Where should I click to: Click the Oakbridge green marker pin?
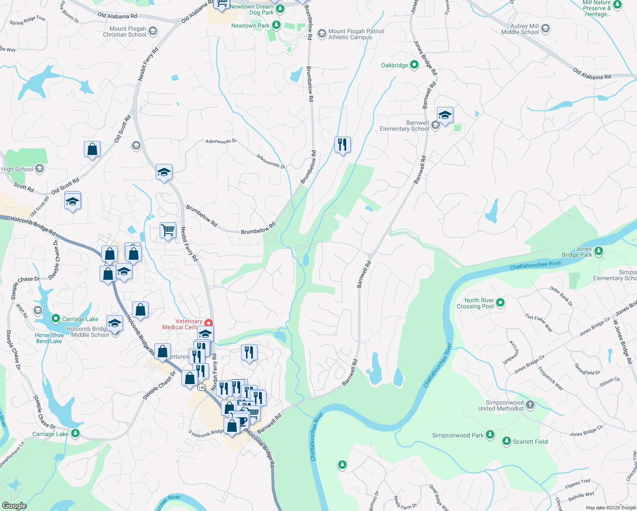point(414,65)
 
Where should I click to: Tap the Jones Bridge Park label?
point(577,252)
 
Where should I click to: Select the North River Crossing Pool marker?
point(500,303)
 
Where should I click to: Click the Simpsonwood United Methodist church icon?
point(530,405)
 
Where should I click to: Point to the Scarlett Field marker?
point(506,441)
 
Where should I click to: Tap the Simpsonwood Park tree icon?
point(490,435)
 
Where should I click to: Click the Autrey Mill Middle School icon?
point(545,29)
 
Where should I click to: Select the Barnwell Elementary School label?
point(404,126)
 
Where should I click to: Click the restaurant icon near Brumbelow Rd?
point(342,145)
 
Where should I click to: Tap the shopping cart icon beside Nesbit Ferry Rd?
point(168,230)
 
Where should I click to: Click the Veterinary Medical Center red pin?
point(209,323)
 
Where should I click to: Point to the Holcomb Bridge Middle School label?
point(90,332)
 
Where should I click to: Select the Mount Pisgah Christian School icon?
point(153,31)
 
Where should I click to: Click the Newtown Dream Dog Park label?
point(252,9)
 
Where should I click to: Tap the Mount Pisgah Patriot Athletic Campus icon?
point(321,33)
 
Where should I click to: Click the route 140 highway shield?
point(202,387)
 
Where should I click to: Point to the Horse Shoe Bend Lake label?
point(49,338)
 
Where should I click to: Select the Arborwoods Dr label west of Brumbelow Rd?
point(221,141)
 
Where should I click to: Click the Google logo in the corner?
point(14,505)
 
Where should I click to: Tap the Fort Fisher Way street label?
point(539,323)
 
